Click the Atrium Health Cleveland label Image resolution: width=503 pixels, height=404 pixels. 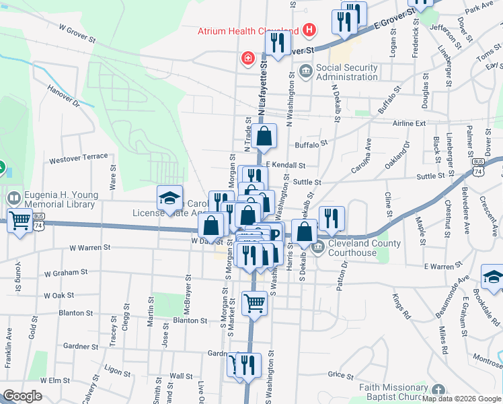247,30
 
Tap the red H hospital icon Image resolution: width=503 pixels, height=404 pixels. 309,30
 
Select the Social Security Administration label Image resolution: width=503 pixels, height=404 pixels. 347,72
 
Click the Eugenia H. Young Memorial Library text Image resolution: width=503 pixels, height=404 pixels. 61,199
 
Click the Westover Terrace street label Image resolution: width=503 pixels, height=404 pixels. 79,158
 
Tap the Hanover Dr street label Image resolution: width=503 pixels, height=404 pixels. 63,96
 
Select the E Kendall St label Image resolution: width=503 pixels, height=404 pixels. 286,164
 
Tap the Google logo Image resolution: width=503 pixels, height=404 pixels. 23,396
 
